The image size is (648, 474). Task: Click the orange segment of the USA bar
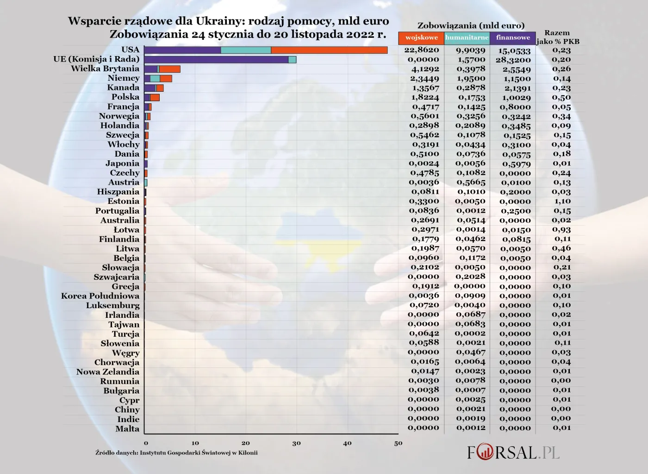pos(329,50)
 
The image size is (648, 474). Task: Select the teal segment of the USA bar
pos(246,50)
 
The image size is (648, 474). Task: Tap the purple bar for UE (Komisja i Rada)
pos(216,59)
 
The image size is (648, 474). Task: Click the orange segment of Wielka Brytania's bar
pos(169,69)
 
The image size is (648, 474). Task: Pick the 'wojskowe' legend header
pos(421,38)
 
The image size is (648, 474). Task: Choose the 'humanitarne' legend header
pos(467,38)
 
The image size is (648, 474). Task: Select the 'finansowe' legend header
pos(512,38)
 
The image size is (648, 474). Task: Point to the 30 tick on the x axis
pos(296,443)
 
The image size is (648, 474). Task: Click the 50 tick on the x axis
pos(398,443)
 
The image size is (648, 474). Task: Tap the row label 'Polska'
pos(125,97)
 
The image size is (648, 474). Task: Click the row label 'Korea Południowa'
pos(100,296)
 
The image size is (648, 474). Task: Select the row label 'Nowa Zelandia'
pos(108,372)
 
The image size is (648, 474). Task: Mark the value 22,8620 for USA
pos(422,50)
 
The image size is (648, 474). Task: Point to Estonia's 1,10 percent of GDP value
pos(562,201)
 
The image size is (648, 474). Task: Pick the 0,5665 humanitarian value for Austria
pos(471,182)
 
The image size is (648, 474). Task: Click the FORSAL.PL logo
pos(513,452)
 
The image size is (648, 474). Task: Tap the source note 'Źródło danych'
pos(176,453)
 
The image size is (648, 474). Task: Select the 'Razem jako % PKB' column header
pos(558,37)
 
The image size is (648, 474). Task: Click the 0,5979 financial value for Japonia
pos(516,164)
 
